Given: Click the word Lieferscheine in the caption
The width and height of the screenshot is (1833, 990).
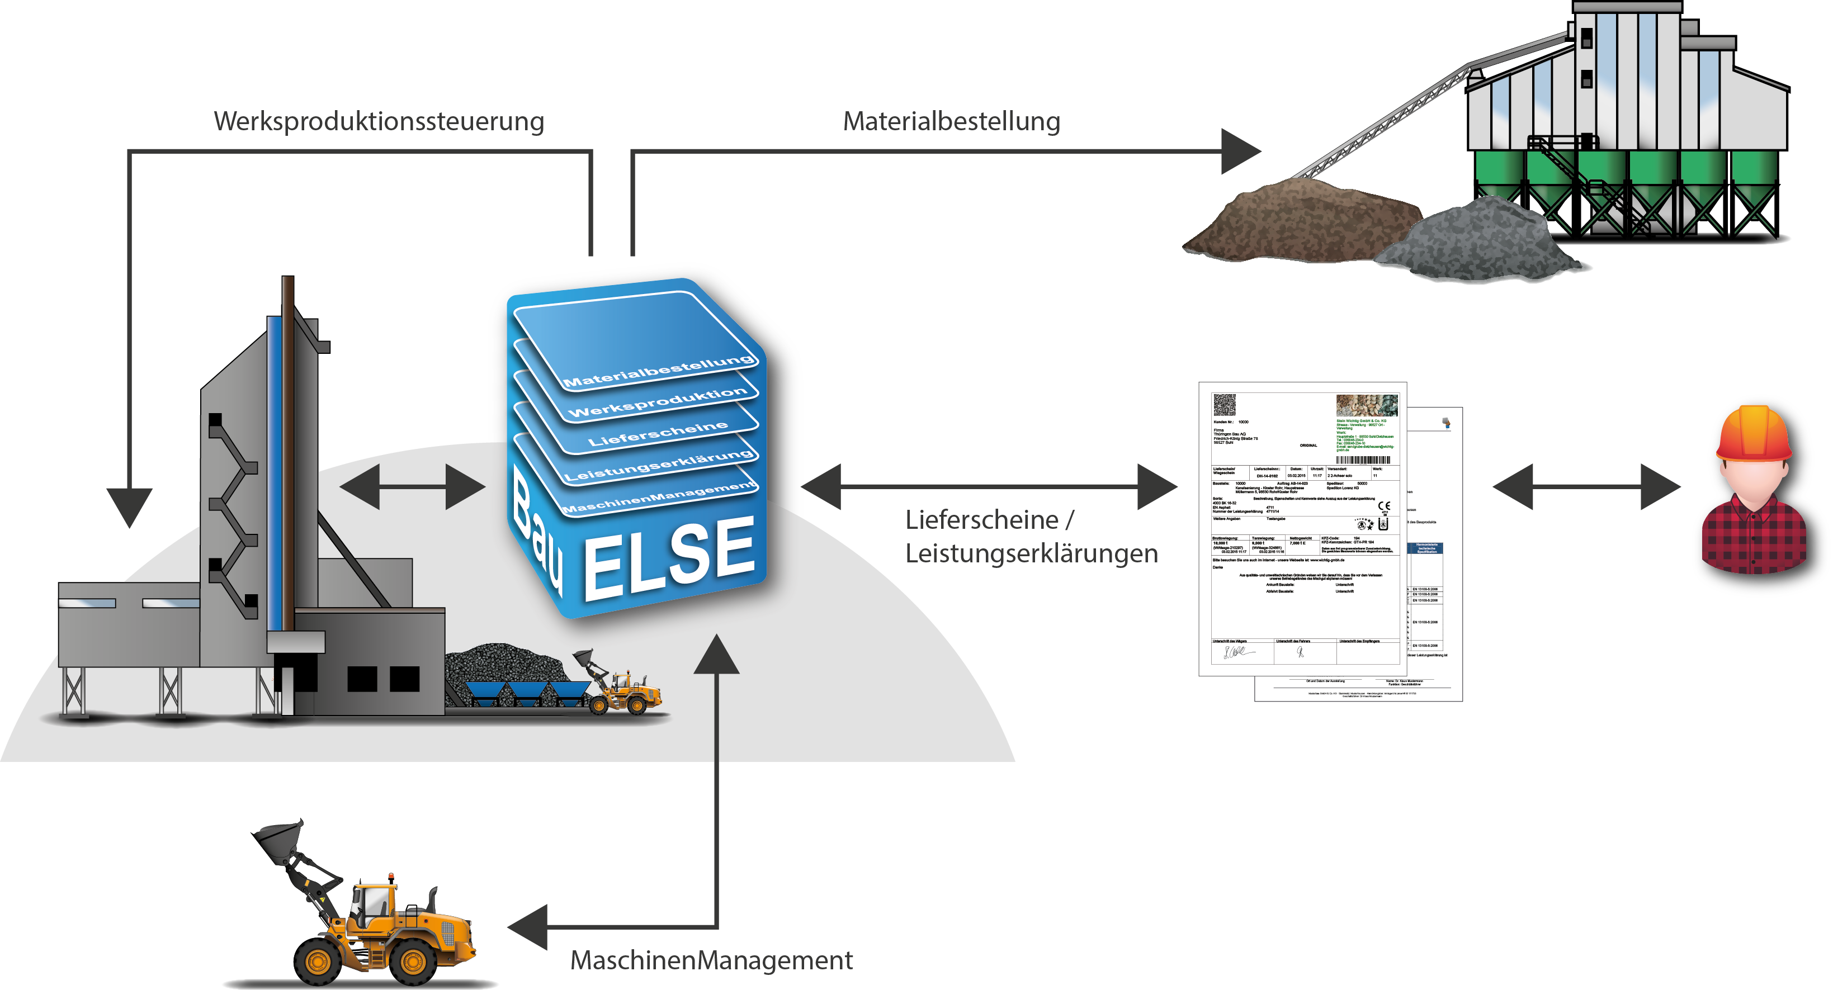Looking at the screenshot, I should tap(982, 520).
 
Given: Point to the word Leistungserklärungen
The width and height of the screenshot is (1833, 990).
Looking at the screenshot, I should tap(1031, 553).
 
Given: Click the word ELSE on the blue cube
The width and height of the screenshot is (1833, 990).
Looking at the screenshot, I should tap(669, 558).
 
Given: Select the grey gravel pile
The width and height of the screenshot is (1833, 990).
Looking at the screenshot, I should tap(1480, 242).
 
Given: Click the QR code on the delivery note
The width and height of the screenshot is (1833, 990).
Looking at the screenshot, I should tap(1224, 405).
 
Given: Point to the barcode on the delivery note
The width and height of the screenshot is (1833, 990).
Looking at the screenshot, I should tap(1362, 460).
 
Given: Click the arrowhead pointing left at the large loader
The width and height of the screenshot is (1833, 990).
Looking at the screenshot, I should tap(528, 927).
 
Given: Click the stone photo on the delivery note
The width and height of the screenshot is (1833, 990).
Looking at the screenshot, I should tap(1366, 405).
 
